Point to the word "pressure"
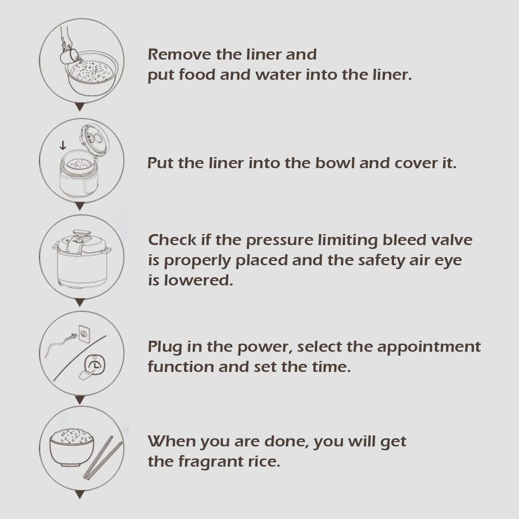[x=279, y=241]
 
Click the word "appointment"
[x=429, y=347]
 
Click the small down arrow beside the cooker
[x=62, y=145]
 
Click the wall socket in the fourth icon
[x=85, y=334]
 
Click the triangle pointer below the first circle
[x=79, y=107]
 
